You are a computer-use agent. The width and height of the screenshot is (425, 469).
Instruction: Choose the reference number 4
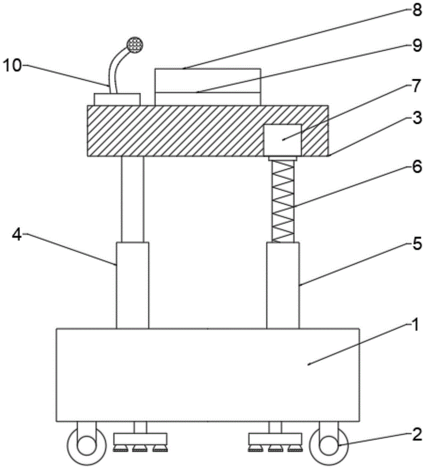pos(17,234)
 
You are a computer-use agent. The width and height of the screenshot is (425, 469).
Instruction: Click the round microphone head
pos(134,45)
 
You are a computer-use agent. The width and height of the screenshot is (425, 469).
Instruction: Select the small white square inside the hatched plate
pos(283,140)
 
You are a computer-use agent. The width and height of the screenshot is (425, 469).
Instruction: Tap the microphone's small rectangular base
pos(117,99)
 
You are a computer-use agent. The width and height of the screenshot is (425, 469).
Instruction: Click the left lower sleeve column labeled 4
pos(133,285)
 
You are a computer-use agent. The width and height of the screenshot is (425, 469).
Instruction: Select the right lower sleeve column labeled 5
pos(283,285)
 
